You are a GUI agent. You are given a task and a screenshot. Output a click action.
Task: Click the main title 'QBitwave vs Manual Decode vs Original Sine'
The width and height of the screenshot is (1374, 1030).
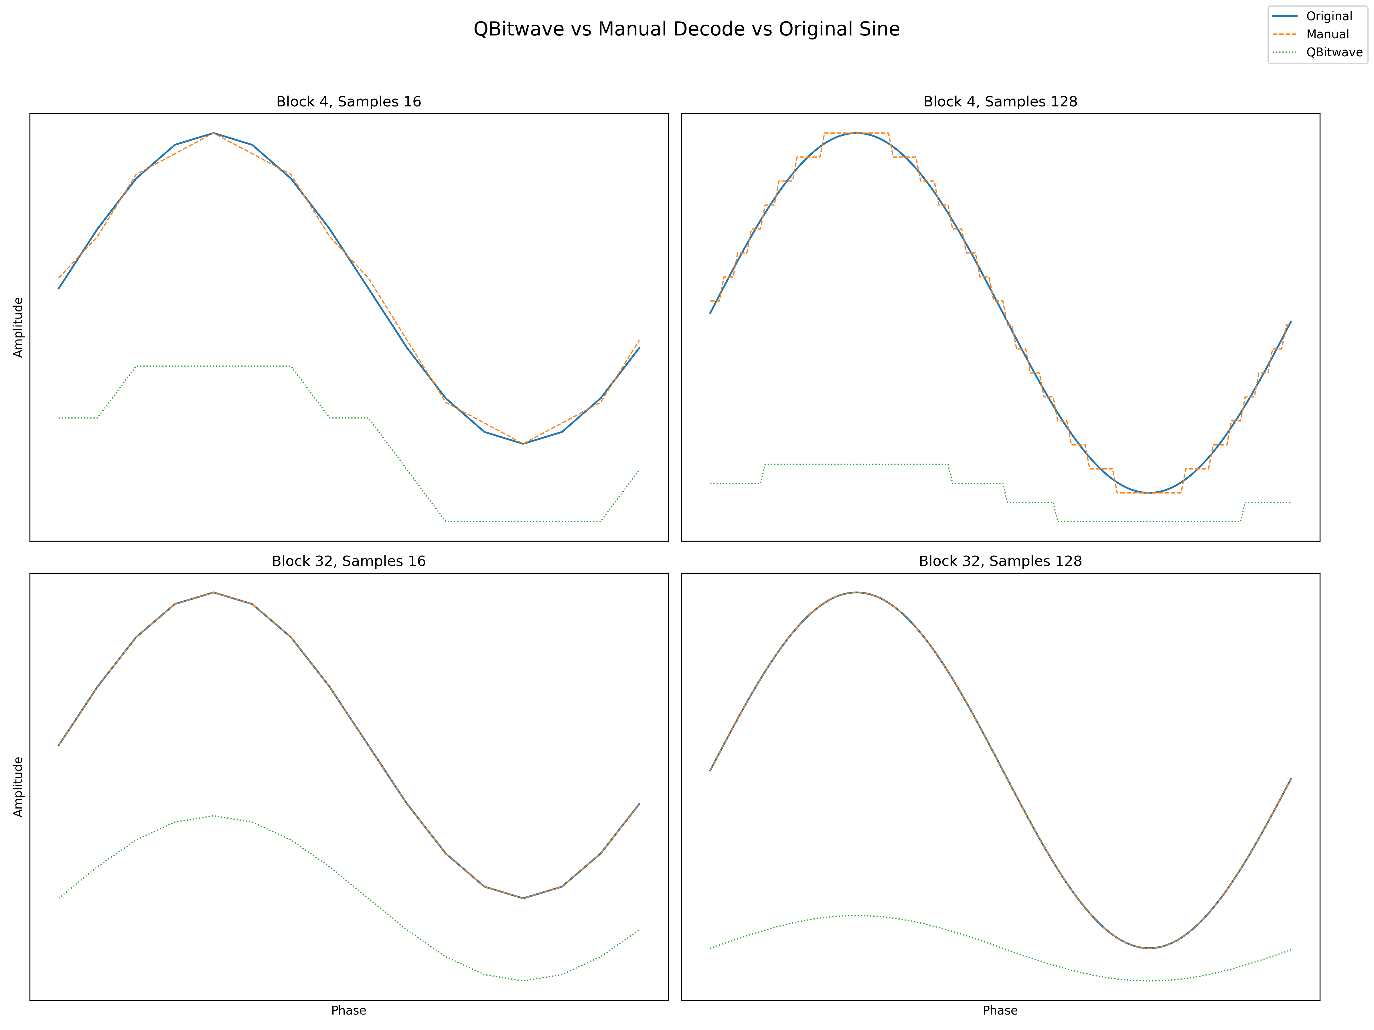[686, 29]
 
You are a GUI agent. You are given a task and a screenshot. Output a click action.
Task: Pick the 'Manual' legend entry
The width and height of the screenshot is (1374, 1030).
[1327, 34]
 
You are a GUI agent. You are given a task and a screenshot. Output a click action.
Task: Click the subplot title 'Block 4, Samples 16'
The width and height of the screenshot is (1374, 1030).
[348, 102]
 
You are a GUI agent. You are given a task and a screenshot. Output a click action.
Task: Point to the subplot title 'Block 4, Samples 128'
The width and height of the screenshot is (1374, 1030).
[1000, 102]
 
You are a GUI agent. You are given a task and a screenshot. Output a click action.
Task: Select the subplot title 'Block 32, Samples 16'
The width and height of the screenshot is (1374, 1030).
[348, 561]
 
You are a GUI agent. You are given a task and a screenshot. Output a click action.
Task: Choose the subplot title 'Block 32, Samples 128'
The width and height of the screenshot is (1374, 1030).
[1000, 561]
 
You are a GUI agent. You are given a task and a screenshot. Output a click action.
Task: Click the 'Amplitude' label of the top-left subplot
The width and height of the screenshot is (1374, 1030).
[18, 327]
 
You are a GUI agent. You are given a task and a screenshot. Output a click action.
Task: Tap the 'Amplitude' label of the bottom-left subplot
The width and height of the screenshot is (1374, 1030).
[18, 787]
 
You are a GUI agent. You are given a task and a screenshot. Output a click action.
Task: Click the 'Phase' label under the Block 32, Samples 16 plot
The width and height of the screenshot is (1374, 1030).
[348, 1010]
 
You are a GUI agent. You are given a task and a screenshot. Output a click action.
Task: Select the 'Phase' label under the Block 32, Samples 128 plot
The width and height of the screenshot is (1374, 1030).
[1000, 1010]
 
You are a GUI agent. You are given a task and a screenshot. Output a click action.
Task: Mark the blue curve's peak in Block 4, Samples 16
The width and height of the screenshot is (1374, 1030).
[213, 133]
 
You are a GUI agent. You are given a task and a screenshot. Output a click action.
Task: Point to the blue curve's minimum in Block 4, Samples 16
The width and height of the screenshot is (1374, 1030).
[523, 443]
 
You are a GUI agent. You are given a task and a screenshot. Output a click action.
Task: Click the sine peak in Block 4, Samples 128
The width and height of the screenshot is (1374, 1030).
[856, 133]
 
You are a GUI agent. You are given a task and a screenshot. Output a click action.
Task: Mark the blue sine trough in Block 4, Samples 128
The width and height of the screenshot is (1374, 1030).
[1149, 492]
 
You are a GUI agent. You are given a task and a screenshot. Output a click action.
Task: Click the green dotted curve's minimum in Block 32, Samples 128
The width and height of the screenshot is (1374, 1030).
[1149, 980]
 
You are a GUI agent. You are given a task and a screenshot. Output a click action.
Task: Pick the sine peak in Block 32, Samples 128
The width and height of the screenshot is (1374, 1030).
[856, 592]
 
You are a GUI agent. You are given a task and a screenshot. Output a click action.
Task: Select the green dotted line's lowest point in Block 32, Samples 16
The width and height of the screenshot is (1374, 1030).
[523, 980]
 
